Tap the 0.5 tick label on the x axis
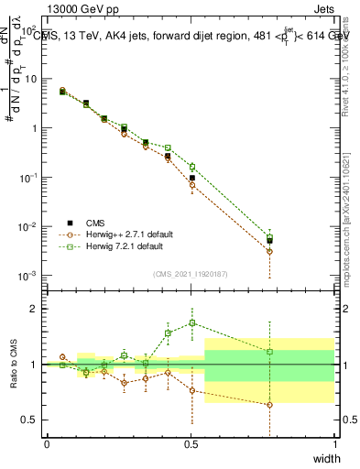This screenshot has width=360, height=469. [191, 444]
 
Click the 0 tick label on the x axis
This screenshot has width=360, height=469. [47, 444]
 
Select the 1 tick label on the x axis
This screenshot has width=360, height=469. [334, 444]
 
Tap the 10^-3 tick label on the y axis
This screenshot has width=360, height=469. [27, 276]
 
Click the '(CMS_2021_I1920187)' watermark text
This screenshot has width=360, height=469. [191, 273]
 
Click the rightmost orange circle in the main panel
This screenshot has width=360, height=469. [268, 251]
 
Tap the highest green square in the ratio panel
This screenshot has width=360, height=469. [192, 322]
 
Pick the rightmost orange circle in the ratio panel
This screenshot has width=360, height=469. [268, 404]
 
